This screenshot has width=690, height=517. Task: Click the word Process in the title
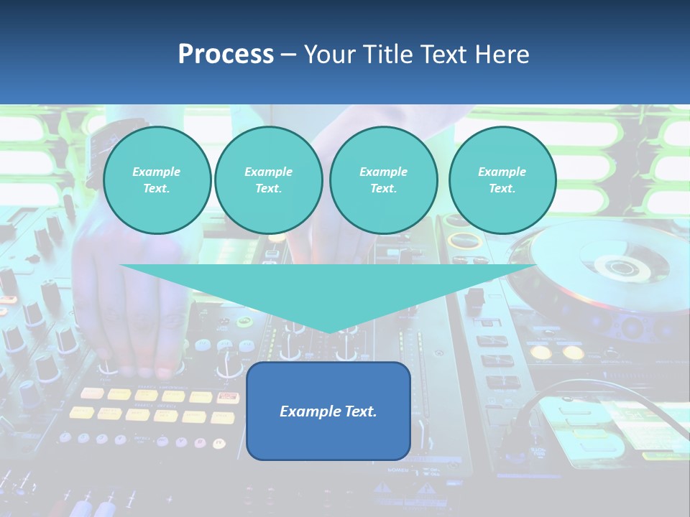pos(226,54)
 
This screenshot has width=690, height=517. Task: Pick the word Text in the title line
pos(446,54)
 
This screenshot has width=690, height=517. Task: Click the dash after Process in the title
pos(288,55)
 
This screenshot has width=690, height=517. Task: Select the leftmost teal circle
pos(157,180)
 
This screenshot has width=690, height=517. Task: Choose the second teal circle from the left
pos(268,180)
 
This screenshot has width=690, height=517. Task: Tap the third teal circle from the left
pos(383,180)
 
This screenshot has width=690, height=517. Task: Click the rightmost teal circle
pos(502,180)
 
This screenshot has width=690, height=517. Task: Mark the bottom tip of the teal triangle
pos(328,331)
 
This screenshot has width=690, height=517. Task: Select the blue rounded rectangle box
pos(328,411)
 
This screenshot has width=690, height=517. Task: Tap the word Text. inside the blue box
pos(359,411)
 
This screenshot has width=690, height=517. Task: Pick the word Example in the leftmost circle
pos(157,172)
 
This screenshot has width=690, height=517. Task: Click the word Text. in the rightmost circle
pos(502,188)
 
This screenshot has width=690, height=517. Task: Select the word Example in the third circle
pos(383,172)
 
